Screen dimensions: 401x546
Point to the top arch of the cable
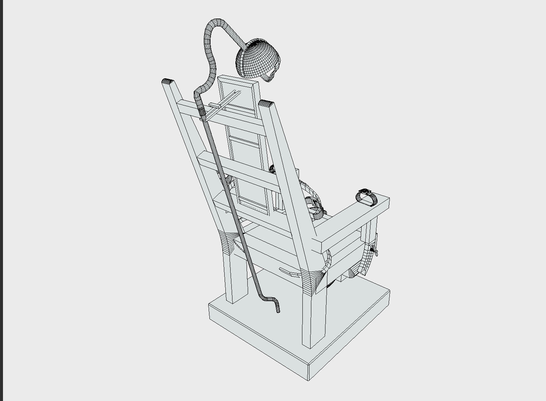218,23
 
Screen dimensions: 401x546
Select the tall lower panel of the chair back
249,171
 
